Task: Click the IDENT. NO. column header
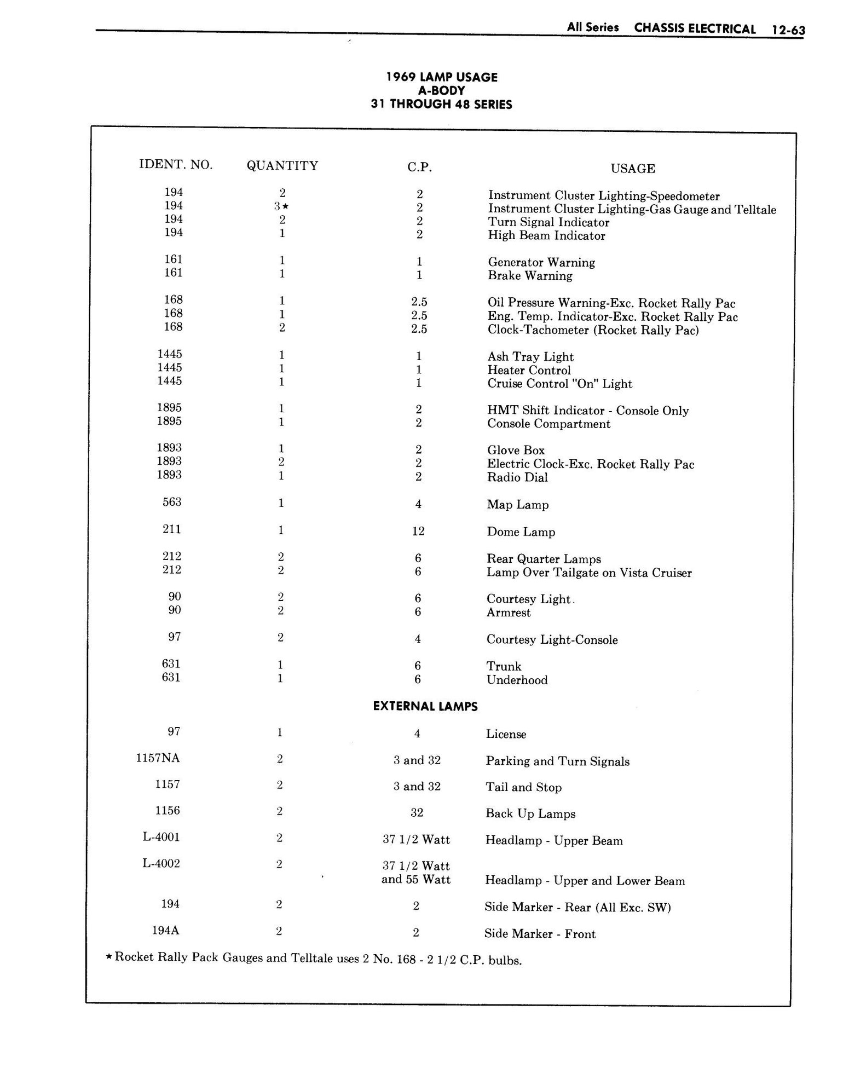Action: (x=176, y=164)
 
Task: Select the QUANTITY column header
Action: (x=282, y=166)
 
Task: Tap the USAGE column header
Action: (x=633, y=169)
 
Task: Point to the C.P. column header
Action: (x=419, y=168)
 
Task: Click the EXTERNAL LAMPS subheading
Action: (x=425, y=707)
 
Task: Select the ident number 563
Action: (x=172, y=502)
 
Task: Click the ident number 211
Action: (x=172, y=529)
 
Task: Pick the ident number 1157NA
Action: (x=158, y=758)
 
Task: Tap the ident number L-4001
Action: (x=161, y=837)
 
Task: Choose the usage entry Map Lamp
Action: (x=518, y=505)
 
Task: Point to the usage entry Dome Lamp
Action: (x=521, y=532)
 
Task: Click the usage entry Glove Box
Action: (x=516, y=451)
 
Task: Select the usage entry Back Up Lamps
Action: (x=530, y=813)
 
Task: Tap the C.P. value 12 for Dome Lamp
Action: (x=418, y=531)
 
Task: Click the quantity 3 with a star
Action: (x=281, y=206)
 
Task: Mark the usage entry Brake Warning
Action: (x=530, y=276)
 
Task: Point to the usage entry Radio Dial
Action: (x=517, y=477)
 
